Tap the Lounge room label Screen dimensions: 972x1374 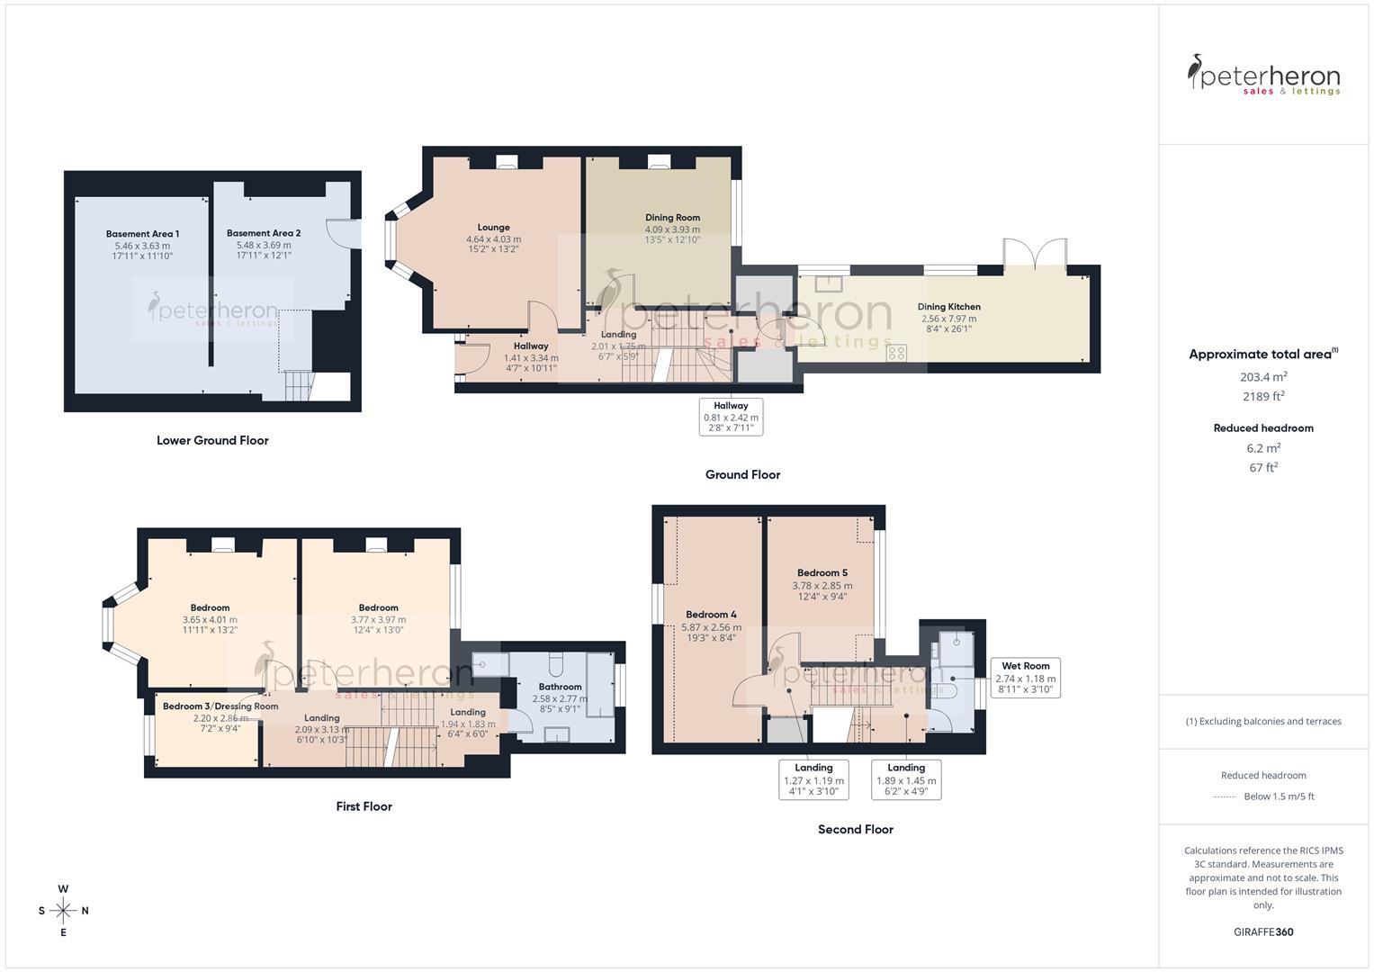(493, 228)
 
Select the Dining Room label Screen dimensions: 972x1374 (672, 218)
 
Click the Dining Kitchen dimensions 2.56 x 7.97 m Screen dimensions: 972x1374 (948, 319)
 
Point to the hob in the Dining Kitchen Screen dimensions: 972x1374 (896, 352)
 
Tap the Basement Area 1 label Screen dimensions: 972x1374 (142, 234)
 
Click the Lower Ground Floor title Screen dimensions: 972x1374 (212, 440)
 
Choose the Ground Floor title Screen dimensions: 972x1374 (742, 474)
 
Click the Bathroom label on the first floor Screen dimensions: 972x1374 (560, 687)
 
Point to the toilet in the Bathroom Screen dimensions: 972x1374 (555, 664)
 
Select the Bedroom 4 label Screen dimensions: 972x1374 (711, 615)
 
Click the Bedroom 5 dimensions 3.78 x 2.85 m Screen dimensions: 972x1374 (822, 586)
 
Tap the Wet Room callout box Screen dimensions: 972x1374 (1025, 678)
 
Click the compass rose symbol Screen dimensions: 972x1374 (63, 911)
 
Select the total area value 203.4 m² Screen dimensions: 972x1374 (1263, 377)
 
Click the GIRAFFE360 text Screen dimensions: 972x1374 (1263, 931)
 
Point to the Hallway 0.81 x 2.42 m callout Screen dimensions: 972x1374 (731, 417)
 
